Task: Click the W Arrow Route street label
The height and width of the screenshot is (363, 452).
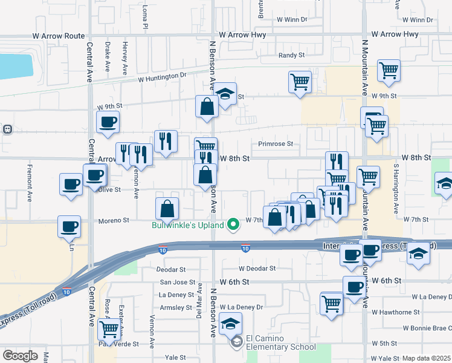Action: tap(58, 36)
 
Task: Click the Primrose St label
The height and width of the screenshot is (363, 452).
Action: tap(275, 144)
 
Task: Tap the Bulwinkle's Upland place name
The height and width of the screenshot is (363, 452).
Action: tap(187, 226)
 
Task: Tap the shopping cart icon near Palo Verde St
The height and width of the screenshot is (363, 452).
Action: tap(109, 329)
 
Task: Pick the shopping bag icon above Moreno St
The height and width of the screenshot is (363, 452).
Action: tap(167, 209)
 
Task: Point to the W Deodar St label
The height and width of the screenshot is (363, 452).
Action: tap(257, 268)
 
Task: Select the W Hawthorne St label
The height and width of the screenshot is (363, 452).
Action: tap(396, 312)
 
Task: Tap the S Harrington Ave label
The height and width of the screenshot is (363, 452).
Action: tap(396, 187)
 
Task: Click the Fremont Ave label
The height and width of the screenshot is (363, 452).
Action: tap(29, 180)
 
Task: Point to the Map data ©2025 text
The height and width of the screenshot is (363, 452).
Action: tap(426, 358)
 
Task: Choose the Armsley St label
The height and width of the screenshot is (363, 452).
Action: tap(175, 307)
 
